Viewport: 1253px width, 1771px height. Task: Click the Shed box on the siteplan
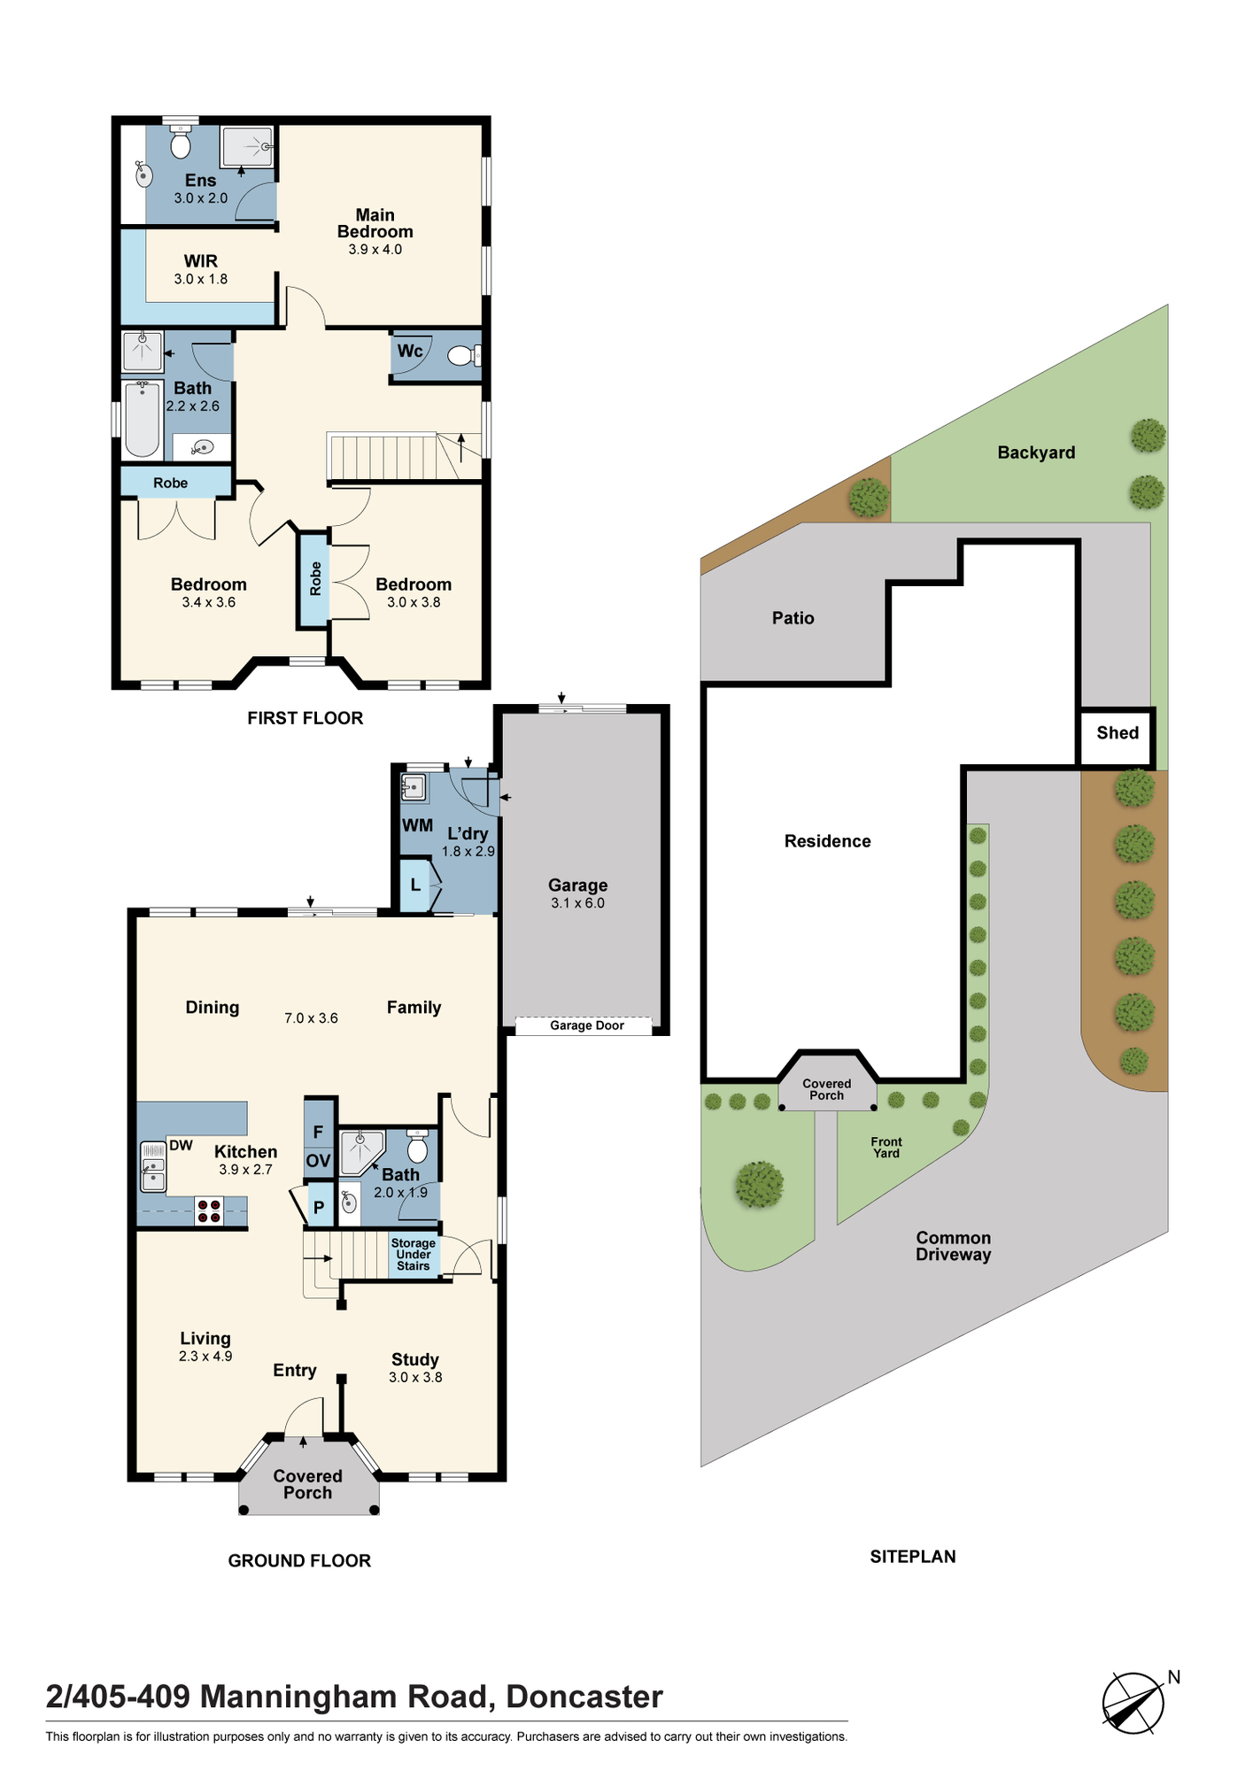pyautogui.click(x=1117, y=737)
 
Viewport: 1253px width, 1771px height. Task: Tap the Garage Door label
pyautogui.click(x=587, y=1025)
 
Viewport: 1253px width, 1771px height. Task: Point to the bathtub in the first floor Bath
pyautogui.click(x=142, y=420)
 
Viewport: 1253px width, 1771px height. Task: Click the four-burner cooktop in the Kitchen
pyautogui.click(x=209, y=1211)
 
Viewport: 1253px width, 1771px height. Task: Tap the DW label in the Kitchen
pyautogui.click(x=181, y=1145)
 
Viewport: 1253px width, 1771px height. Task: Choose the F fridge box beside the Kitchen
pyautogui.click(x=319, y=1132)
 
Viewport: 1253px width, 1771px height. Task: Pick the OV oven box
pyautogui.click(x=319, y=1161)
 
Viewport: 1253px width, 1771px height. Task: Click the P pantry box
pyautogui.click(x=319, y=1206)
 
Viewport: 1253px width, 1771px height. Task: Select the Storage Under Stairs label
pyautogui.click(x=414, y=1255)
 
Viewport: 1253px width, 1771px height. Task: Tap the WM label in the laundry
pyautogui.click(x=418, y=825)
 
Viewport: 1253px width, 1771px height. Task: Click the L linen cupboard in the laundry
pyautogui.click(x=414, y=885)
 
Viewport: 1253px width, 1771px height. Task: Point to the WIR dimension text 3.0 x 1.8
pyautogui.click(x=201, y=279)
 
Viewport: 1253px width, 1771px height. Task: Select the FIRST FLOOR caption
pyautogui.click(x=306, y=718)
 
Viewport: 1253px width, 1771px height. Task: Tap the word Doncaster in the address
pyautogui.click(x=584, y=1697)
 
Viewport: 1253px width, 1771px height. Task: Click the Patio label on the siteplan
pyautogui.click(x=793, y=618)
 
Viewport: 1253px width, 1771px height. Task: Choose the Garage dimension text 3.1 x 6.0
pyautogui.click(x=578, y=903)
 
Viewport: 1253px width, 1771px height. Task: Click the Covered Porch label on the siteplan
pyautogui.click(x=827, y=1089)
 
